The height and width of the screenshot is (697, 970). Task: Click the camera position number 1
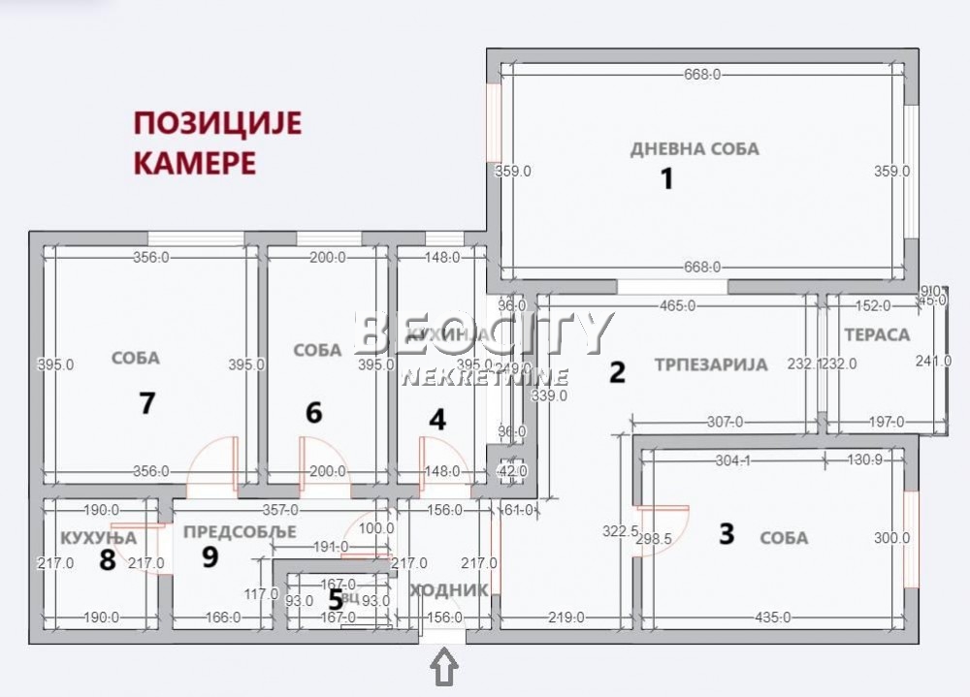[666, 179]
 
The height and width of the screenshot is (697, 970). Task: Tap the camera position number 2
[617, 372]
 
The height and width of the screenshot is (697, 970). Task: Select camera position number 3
[727, 534]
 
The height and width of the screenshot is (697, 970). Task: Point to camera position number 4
[438, 420]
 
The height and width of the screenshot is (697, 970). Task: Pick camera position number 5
[336, 599]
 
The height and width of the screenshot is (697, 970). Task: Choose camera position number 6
[313, 413]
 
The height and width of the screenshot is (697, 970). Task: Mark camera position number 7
[146, 403]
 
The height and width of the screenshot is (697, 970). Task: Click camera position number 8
[107, 560]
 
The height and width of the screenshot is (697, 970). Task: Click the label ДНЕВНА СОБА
[695, 149]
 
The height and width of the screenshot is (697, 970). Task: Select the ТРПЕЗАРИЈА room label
[710, 365]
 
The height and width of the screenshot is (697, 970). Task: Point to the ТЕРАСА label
[877, 335]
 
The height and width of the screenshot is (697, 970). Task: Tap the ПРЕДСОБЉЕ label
[239, 532]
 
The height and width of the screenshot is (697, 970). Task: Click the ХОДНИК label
[447, 590]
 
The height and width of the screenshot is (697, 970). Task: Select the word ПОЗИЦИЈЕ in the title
[217, 123]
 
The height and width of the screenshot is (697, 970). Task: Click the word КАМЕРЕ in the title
[194, 162]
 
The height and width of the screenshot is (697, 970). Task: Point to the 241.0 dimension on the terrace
[933, 362]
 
